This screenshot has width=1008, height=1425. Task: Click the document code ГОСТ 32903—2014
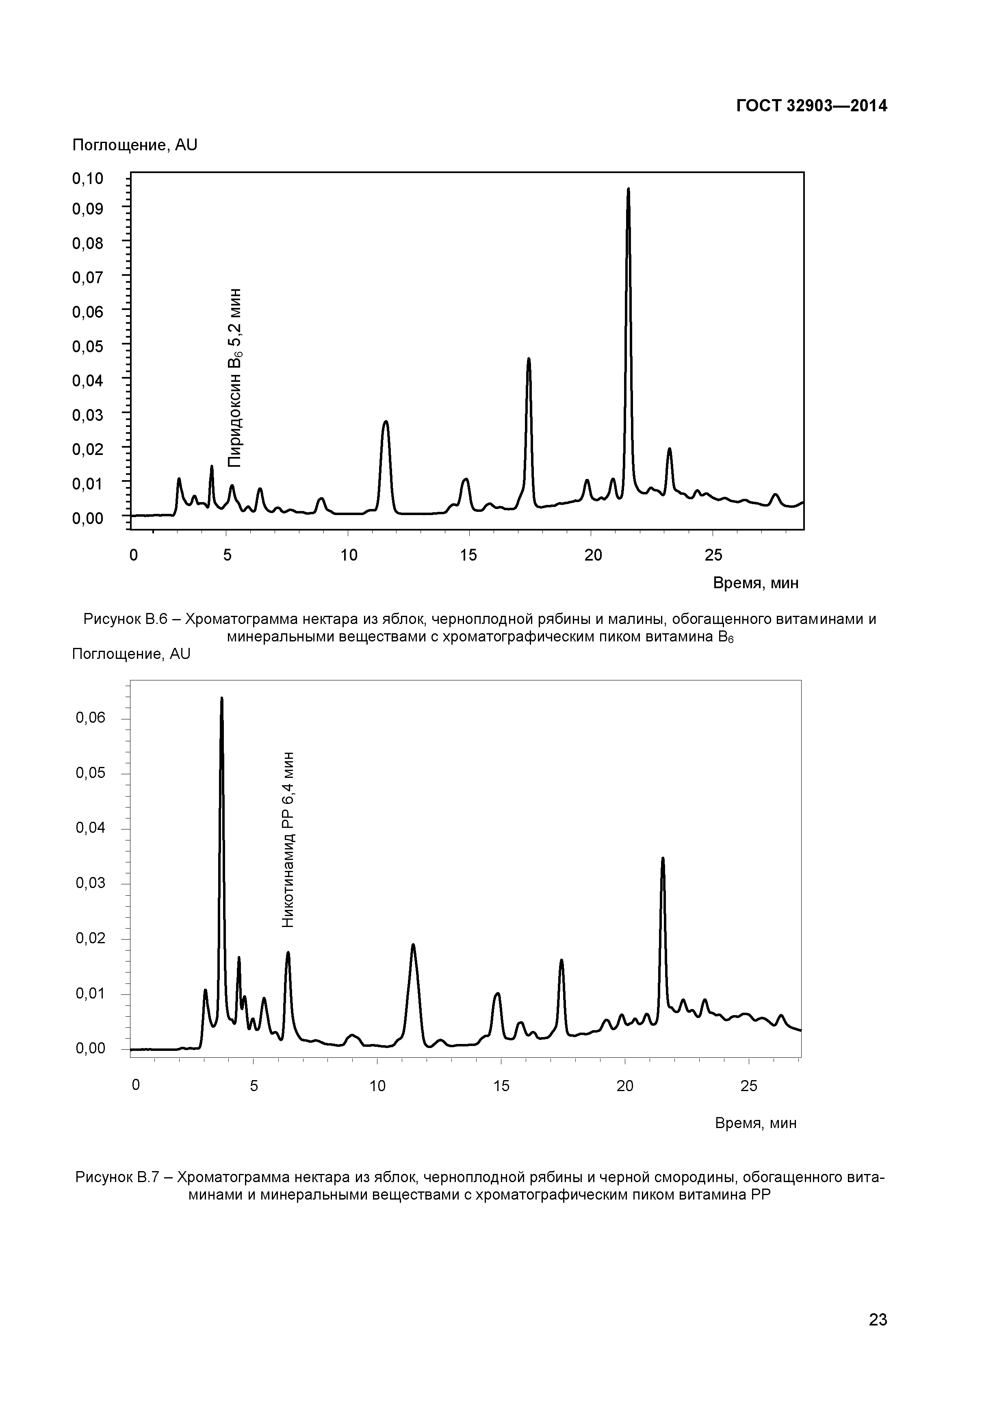(x=811, y=106)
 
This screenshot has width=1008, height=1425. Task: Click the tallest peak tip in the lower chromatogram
(x=221, y=698)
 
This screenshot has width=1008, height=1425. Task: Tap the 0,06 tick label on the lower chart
(x=91, y=718)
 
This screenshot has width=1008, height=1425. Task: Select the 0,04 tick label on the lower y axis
(x=91, y=828)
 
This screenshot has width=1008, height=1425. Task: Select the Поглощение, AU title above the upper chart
(x=135, y=145)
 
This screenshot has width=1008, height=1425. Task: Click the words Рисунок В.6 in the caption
(x=126, y=619)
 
